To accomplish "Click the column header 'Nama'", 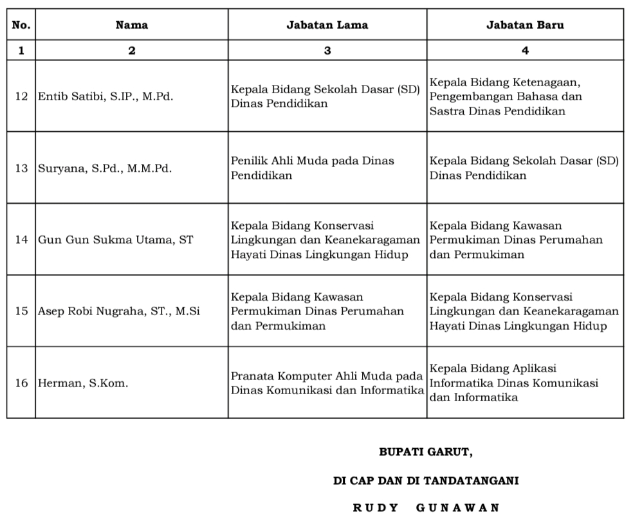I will (131, 25).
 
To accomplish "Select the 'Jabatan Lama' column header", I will (327, 25).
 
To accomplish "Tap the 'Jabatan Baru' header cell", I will (525, 25).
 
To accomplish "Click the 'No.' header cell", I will (21, 25).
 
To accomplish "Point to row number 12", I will (21, 97).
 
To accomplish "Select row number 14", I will (21, 240).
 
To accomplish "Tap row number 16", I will (21, 383).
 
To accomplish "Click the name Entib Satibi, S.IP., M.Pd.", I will (105, 97).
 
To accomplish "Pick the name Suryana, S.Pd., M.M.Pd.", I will (105, 168).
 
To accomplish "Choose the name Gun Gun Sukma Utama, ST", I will (115, 240).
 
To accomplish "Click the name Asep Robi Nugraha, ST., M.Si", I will (119, 311).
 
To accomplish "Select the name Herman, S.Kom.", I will (83, 383).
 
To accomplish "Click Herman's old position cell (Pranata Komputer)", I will (327, 383).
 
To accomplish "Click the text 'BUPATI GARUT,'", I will (426, 452).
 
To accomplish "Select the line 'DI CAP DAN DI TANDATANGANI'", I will (426, 480).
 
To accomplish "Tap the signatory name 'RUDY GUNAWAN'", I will (426, 508).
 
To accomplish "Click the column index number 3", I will (327, 51).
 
